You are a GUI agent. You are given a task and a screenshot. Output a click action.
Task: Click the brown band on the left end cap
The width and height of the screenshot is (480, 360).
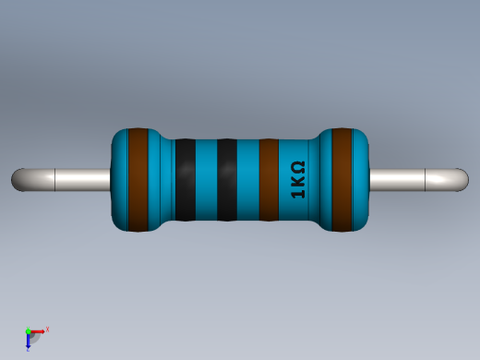click(138, 179)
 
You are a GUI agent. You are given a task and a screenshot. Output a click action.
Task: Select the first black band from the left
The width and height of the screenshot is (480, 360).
click(185, 179)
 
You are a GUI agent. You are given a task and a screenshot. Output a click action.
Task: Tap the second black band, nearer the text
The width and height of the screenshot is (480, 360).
click(227, 179)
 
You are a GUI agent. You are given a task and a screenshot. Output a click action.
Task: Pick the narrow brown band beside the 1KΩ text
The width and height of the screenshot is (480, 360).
click(269, 179)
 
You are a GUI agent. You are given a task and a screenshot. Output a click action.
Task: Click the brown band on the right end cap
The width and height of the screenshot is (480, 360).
click(342, 179)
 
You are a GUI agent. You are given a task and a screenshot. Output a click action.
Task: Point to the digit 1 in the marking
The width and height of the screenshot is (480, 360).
click(297, 194)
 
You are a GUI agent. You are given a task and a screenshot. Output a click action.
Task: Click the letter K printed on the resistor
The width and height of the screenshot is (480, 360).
click(297, 182)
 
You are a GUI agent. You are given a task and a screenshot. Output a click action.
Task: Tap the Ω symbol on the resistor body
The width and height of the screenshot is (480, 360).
click(297, 168)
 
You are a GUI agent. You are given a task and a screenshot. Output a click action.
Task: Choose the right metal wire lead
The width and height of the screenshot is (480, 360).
click(406, 179)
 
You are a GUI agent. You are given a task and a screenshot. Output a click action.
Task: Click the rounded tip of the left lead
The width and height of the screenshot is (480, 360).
click(18, 179)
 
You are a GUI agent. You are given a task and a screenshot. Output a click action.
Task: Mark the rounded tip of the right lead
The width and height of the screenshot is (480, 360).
click(462, 179)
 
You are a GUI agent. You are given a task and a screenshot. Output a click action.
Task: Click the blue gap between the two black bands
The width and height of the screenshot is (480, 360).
click(206, 179)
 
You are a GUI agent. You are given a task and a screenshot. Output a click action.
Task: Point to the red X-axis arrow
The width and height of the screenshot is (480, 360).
click(38, 330)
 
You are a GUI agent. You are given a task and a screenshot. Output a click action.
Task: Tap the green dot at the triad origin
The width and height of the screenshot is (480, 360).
click(29, 330)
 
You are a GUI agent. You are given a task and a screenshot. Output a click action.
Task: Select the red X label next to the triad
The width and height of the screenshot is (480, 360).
click(47, 329)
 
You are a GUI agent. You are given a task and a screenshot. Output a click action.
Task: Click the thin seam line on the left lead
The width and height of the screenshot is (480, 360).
click(55, 179)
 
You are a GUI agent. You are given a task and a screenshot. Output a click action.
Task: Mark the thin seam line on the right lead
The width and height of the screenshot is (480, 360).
click(426, 179)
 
